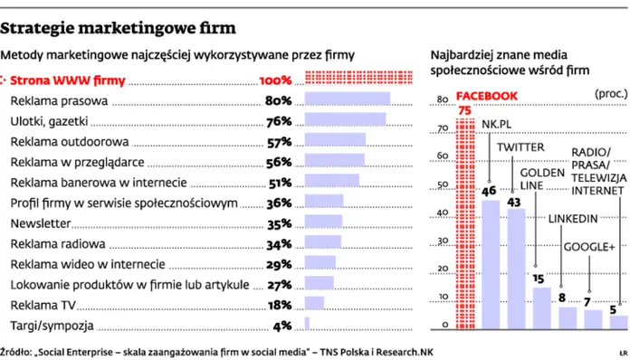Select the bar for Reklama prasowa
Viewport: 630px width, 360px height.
pos(348,99)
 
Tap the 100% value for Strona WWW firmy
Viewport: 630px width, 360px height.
pos(276,80)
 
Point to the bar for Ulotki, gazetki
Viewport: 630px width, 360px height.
pos(346,120)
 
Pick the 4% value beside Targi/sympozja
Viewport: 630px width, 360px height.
pos(282,325)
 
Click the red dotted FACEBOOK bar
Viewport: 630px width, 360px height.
pos(464,226)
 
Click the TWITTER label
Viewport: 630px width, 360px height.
pos(520,147)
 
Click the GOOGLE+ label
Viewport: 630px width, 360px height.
pos(589,247)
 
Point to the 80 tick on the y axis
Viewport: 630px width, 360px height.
pos(443,99)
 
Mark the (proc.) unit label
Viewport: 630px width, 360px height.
pos(610,93)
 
